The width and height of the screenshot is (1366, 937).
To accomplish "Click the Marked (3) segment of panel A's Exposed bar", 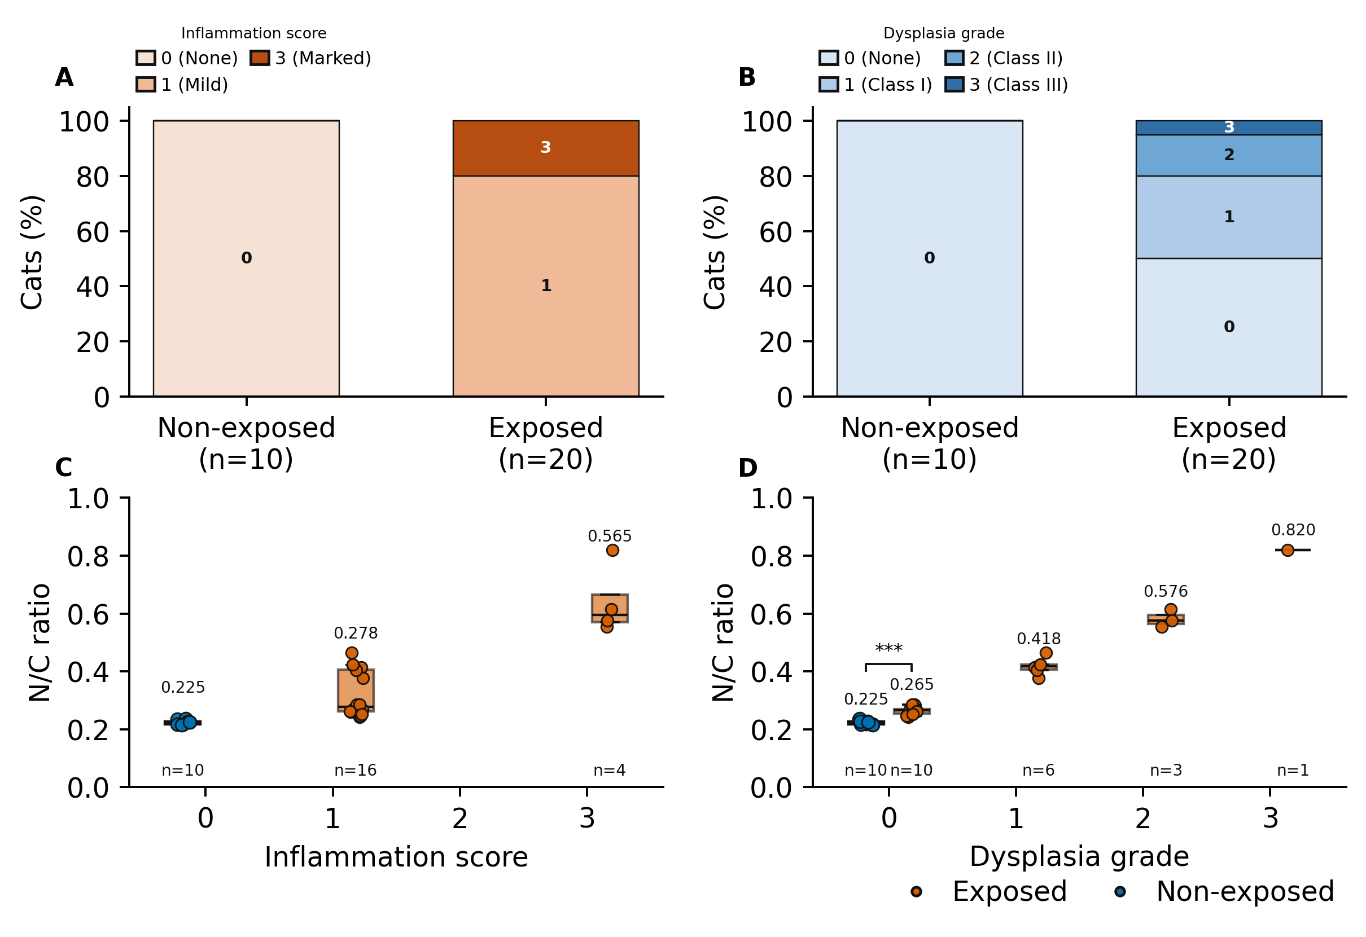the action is pos(545,148).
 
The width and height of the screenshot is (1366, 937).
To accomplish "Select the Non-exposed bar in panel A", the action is pos(246,258).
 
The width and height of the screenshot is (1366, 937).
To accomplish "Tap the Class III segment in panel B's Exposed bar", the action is pos(1228,127).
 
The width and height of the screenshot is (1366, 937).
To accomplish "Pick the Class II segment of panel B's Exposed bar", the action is pos(1228,156).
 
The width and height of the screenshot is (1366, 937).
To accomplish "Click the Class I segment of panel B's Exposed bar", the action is pos(1228,217).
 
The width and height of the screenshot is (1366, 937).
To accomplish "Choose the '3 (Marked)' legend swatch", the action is pos(260,58).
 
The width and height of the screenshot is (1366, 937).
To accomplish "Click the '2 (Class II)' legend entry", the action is pos(1004,58).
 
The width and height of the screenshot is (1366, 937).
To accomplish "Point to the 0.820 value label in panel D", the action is pos(1293,530).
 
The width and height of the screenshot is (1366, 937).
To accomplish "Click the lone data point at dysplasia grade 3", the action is pos(1287,550).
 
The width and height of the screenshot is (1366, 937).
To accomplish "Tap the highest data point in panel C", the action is pos(612,550).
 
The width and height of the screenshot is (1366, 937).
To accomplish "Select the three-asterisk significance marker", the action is pos(888,649).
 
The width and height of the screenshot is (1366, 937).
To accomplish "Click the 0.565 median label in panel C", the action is pos(610,536).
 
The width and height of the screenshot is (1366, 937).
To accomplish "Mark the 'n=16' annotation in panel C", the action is pos(355,770).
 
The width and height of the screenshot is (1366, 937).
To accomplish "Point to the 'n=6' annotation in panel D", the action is pos(1038,770).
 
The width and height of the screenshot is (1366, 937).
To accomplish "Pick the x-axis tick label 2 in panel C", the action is pos(459,819).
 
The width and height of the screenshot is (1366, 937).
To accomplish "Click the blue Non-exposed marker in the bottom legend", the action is pos(1120,892).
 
